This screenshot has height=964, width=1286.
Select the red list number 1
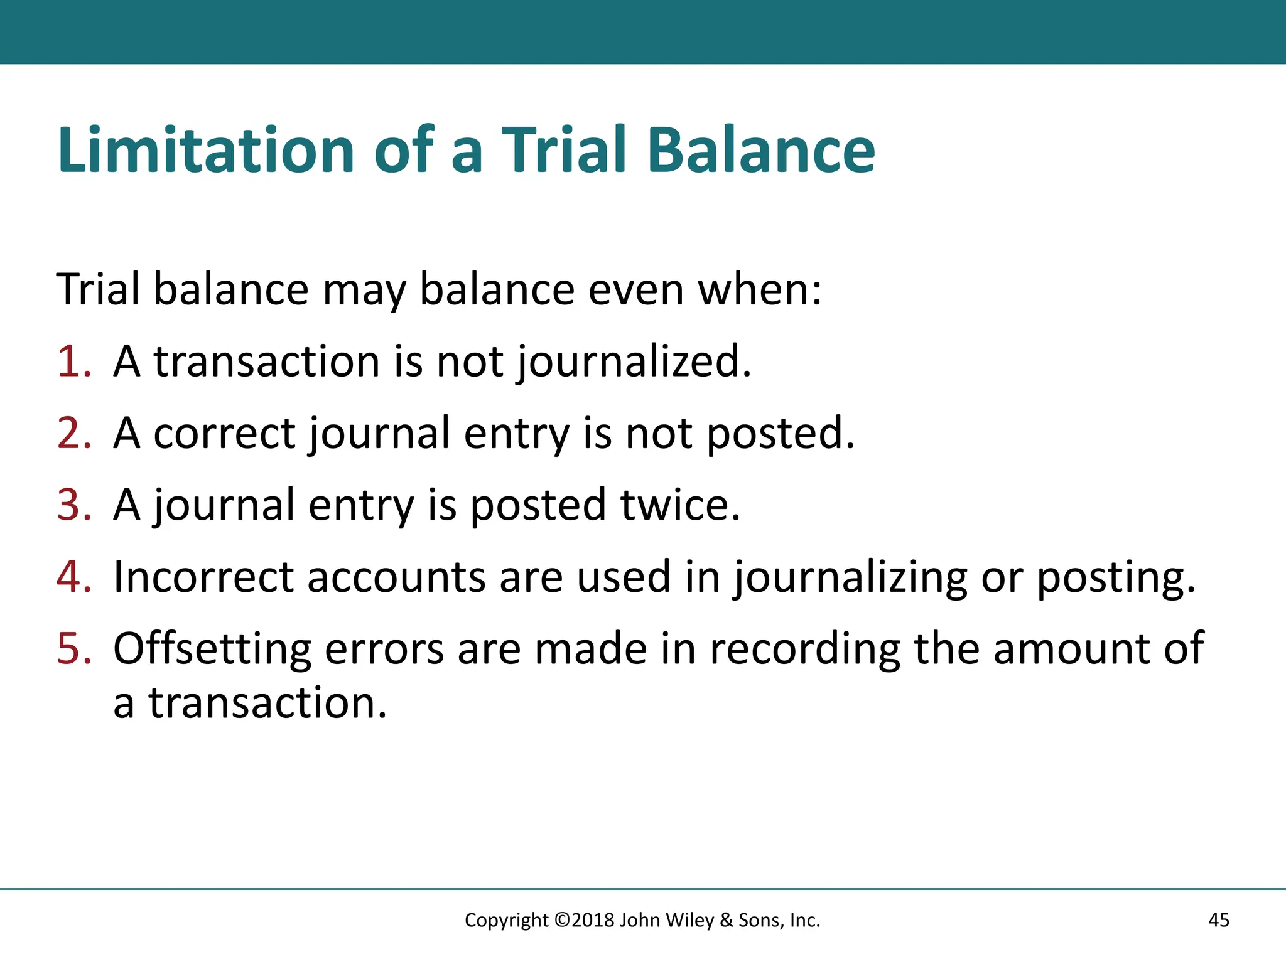pos(73,362)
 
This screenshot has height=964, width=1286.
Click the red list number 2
pos(73,434)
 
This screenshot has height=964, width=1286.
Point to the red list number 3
pos(73,505)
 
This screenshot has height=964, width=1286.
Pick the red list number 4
pos(73,577)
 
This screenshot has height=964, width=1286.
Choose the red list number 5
pos(73,648)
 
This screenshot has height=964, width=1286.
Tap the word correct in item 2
pos(224,434)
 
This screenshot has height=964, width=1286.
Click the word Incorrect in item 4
pos(203,577)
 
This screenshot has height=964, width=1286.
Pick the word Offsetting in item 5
pos(212,648)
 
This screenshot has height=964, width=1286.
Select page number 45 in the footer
pos(1218,920)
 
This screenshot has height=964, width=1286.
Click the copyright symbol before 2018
pos(562,920)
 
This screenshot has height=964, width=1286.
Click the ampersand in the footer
pos(727,920)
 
